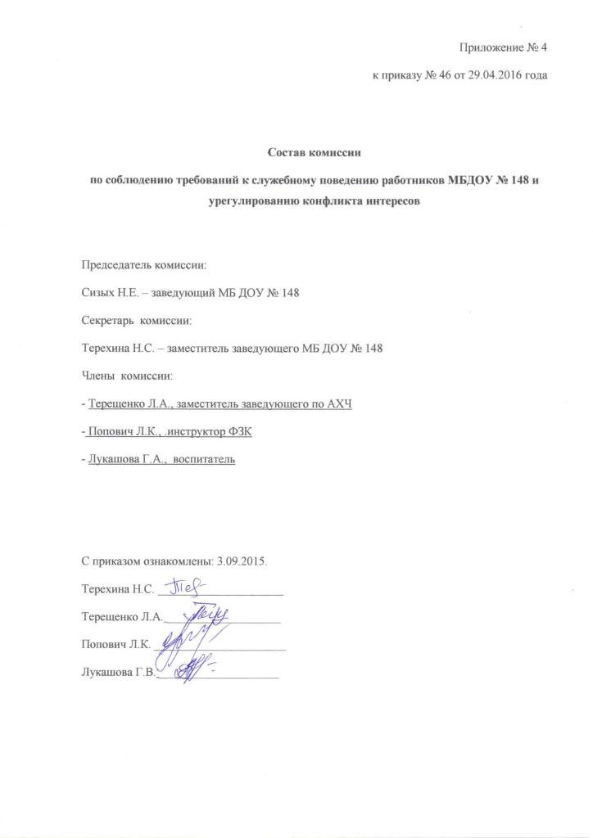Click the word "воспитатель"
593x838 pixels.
tap(205, 460)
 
